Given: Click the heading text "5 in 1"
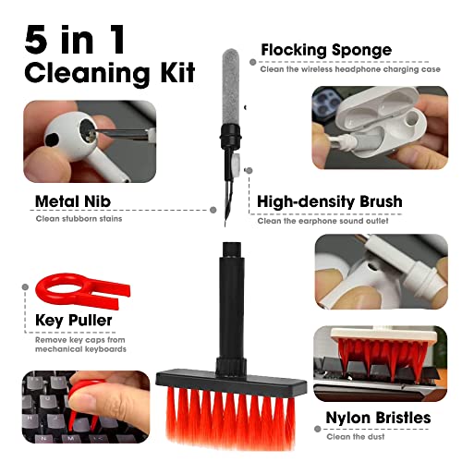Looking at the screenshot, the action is coord(75,40).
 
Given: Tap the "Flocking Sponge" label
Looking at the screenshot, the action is coord(326,50).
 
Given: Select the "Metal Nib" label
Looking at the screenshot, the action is coord(73,201).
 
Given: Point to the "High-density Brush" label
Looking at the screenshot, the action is coord(330,201).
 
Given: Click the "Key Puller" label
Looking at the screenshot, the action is coord(73,320).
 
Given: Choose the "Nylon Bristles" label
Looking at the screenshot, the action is coord(378,418).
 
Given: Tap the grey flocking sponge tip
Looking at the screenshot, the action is coord(231,87).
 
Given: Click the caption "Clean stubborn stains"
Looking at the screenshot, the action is coord(79,219).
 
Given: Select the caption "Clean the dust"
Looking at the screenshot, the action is coord(356,436).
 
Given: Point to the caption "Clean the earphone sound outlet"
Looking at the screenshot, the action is coord(322,221).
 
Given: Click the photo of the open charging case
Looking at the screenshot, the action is coord(380,128).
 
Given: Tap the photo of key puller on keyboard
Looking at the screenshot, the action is coord(86,407).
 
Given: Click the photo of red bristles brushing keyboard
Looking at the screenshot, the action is coord(381,363).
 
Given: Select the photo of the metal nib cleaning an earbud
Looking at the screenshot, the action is coord(90,141).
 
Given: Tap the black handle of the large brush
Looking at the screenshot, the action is coord(231,308).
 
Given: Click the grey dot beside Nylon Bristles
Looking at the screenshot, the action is coord(318,429).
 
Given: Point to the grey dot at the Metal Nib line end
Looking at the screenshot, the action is coord(213,210).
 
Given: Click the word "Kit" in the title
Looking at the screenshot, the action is coord(177,72).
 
